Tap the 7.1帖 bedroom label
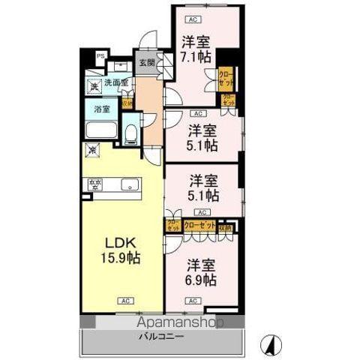click(196, 49)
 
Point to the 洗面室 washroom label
click(115, 82)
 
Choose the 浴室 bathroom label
click(101, 109)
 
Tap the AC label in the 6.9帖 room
click(193, 301)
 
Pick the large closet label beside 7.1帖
click(224, 76)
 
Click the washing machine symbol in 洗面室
click(93, 85)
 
